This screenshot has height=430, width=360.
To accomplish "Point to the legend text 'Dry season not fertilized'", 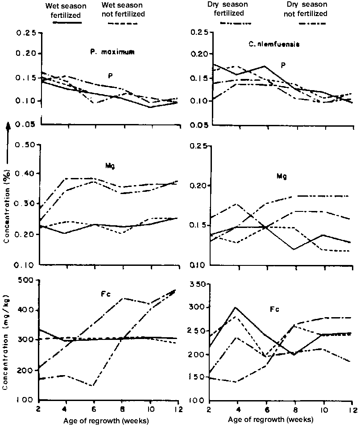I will coord(306,10).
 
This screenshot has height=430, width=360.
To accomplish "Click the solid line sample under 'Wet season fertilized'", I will coord(67,22).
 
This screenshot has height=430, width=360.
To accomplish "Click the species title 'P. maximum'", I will coord(110,52).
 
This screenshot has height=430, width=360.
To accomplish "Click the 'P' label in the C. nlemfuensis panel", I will coord(283,66).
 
